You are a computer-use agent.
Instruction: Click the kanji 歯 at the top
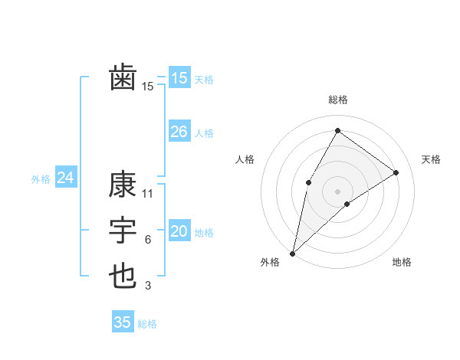[123, 77]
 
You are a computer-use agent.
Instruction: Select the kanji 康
[123, 185]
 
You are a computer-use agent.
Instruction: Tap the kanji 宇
[123, 231]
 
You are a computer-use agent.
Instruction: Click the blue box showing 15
[179, 77]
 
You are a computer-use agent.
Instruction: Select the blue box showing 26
[179, 132]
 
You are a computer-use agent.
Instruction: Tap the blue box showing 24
[65, 178]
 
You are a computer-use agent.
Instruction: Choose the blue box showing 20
[179, 231]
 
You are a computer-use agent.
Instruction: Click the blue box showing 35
[123, 322]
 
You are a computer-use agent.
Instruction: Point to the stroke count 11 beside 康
[148, 194]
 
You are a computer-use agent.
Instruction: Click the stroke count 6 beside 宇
[148, 240]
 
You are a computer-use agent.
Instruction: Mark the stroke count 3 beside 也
[148, 286]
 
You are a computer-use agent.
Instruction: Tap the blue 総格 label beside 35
[147, 324]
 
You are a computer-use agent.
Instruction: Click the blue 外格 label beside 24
[41, 179]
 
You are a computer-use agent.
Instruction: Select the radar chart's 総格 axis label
[337, 100]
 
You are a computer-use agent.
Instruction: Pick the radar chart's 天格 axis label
[431, 159]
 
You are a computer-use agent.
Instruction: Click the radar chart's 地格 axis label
[402, 262]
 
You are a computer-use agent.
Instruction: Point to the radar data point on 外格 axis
[292, 253]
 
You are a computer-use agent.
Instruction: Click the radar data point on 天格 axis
[396, 172]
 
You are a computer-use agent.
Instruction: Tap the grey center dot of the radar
[337, 191]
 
